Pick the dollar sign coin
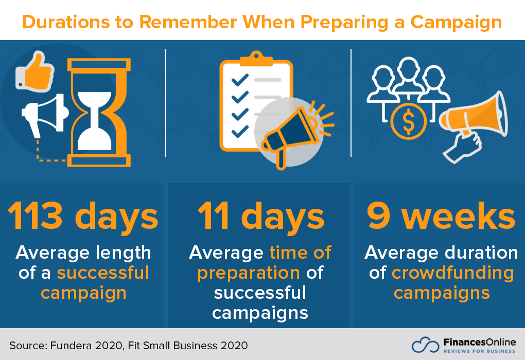[408, 121]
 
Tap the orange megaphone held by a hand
[476, 116]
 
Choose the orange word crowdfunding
[453, 273]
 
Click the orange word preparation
[248, 273]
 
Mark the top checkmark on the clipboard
[240, 80]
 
